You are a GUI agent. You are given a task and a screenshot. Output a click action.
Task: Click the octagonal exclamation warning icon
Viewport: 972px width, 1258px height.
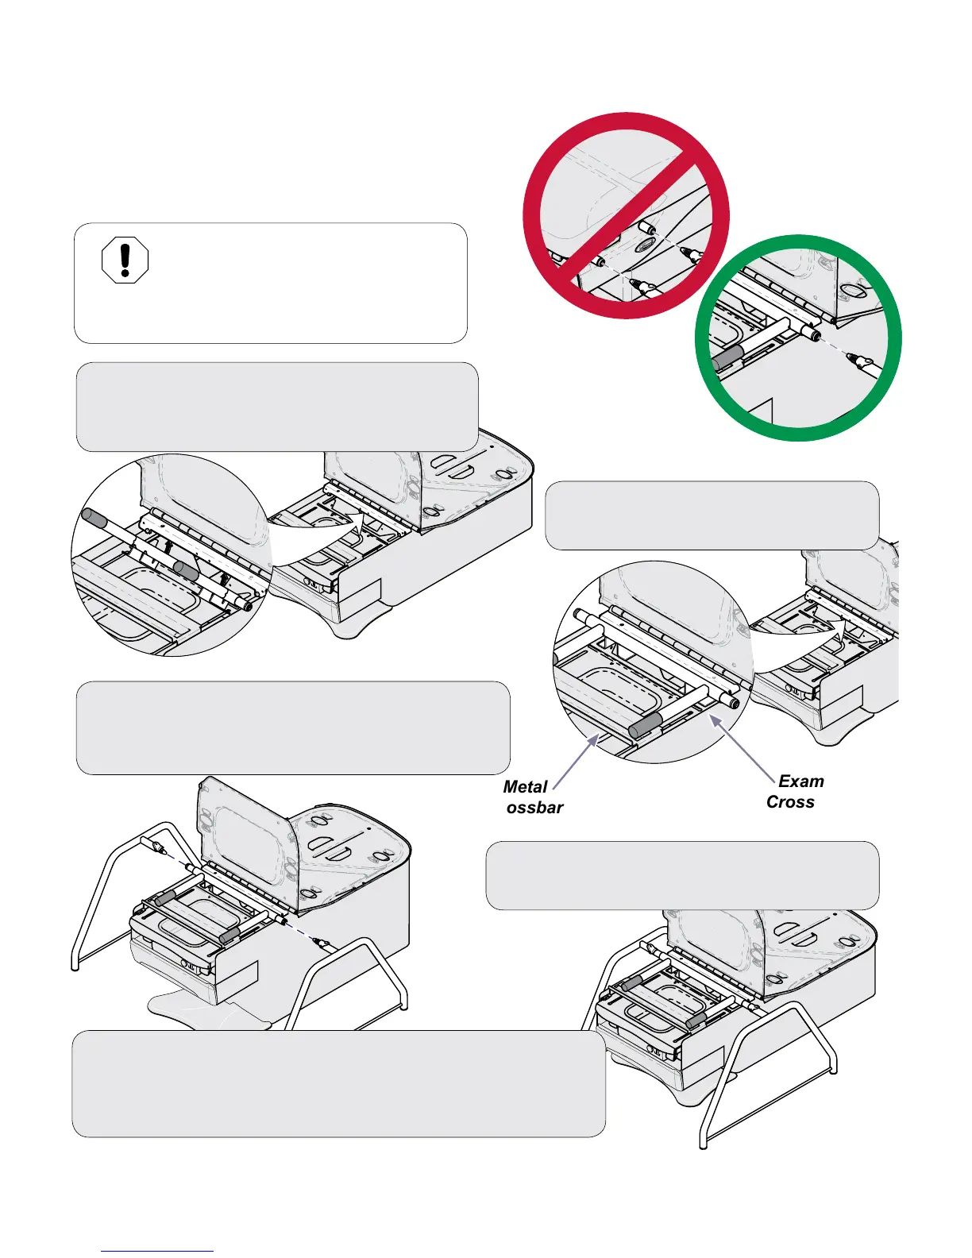coord(125,260)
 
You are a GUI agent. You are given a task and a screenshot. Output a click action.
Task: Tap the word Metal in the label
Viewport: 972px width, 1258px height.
coord(525,787)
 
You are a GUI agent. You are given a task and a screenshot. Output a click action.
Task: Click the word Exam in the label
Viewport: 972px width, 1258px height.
coord(800,781)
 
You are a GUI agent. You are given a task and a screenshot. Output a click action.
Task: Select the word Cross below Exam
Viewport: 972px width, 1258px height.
coord(790,802)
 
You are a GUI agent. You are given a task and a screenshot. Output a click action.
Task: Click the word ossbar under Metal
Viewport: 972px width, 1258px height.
coord(534,808)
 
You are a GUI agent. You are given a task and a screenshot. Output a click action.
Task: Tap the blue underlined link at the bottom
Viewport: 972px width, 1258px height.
coord(157,1251)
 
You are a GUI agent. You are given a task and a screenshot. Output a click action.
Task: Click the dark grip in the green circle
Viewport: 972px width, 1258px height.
coord(730,357)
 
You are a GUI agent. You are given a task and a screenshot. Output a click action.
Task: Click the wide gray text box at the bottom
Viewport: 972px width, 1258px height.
coord(338,1084)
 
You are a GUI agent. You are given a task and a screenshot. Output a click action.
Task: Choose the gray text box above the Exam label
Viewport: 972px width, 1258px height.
coord(712,515)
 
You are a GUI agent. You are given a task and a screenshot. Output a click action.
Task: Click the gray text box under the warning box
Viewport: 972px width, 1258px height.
coord(277,407)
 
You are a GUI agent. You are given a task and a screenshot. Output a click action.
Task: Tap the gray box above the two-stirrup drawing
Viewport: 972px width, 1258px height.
coord(293,727)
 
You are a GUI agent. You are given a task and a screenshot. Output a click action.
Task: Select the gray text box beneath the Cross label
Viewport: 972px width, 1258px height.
coord(682,875)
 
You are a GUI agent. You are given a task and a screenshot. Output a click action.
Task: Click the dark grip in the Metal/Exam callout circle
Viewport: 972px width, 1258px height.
coord(645,726)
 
